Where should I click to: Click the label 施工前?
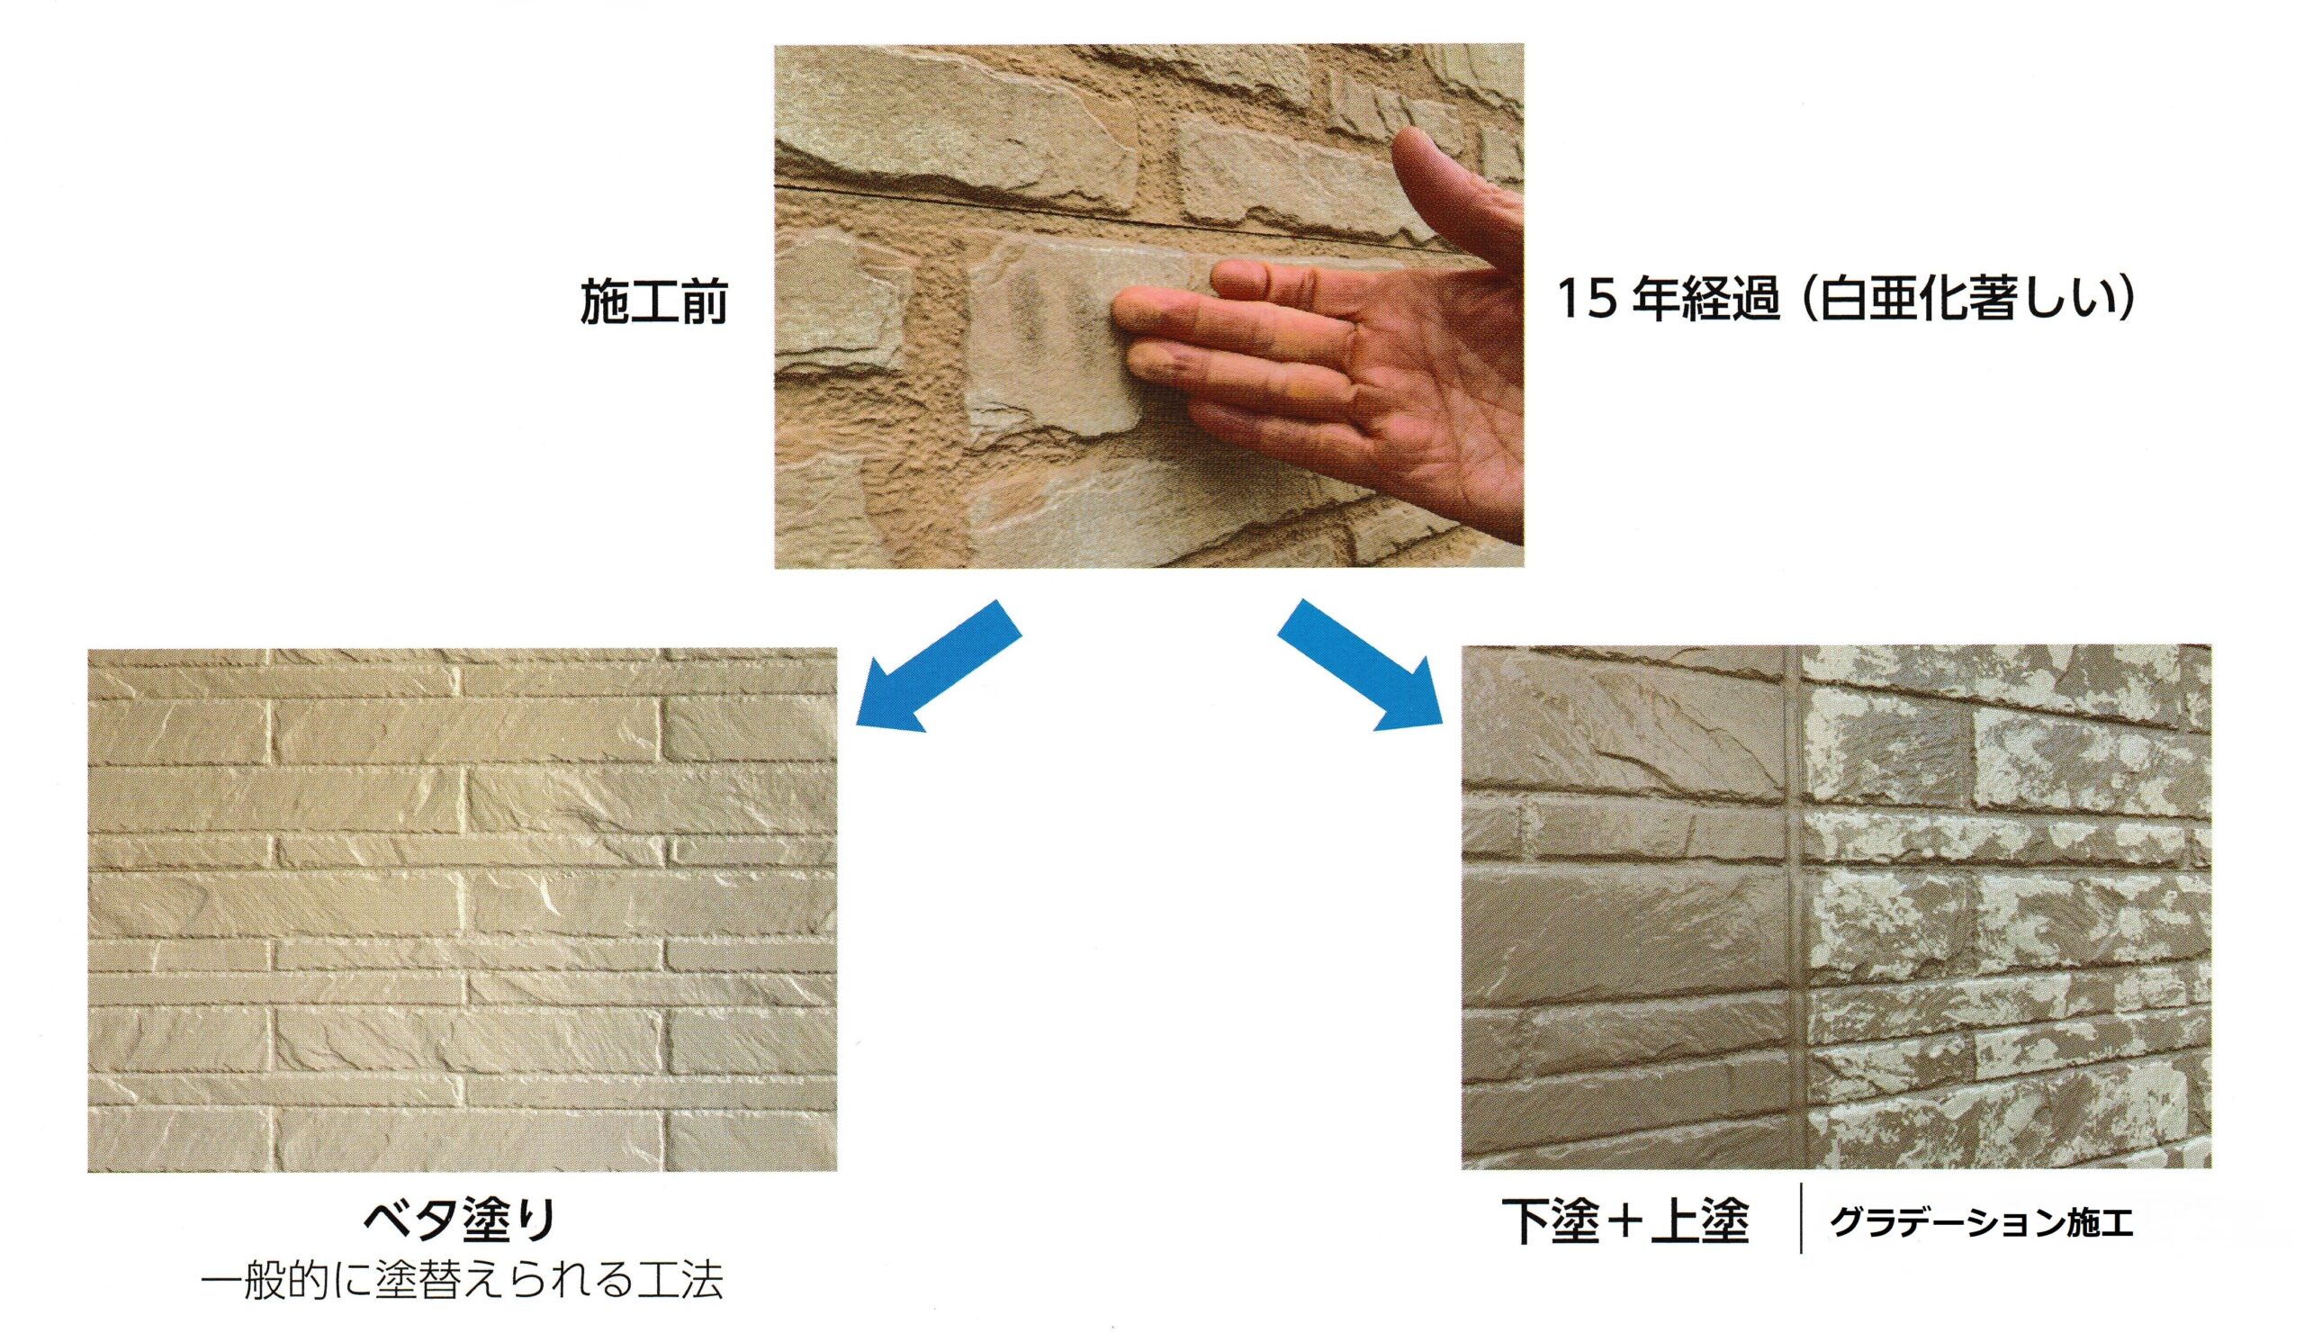[x=654, y=301]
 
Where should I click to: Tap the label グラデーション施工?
[x=1982, y=1223]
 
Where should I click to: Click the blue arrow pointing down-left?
[x=938, y=666]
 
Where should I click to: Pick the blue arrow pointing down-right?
[x=1360, y=664]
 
